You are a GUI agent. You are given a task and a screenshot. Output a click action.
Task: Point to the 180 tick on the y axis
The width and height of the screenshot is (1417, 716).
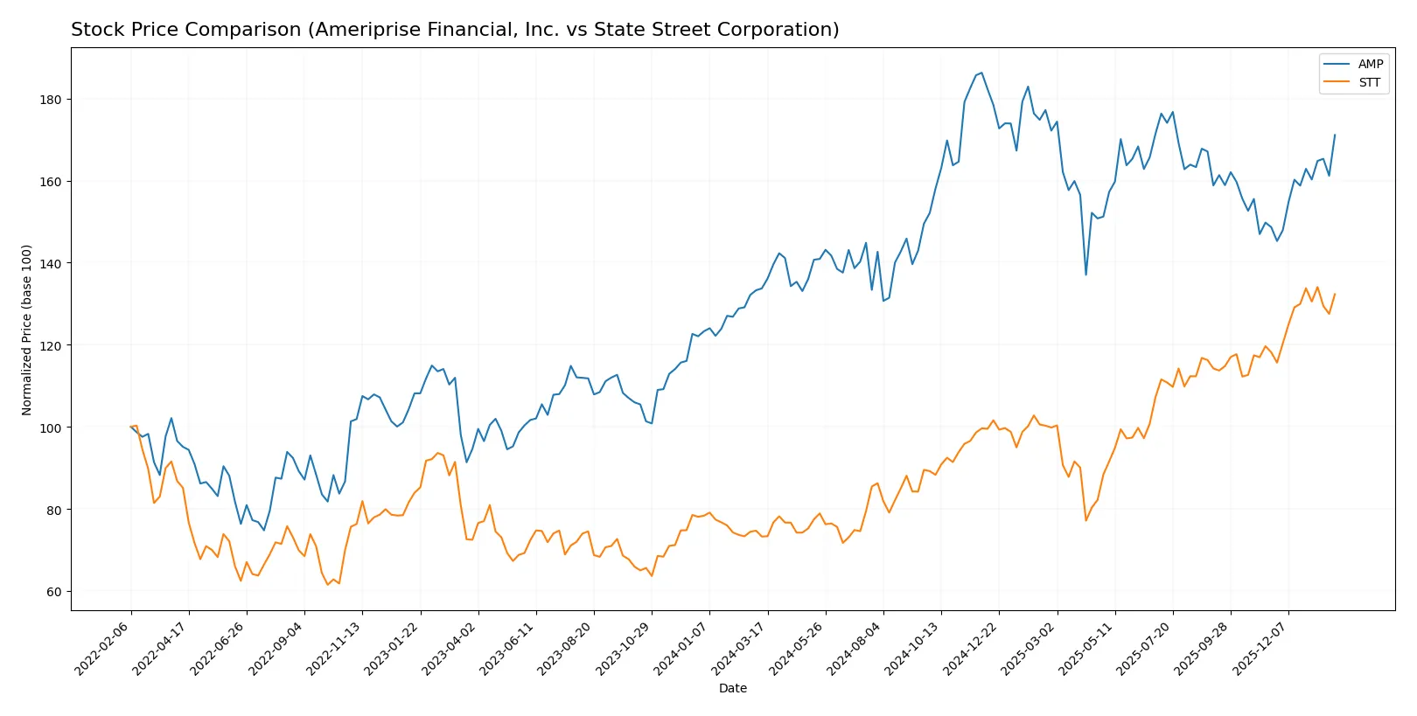tap(51, 100)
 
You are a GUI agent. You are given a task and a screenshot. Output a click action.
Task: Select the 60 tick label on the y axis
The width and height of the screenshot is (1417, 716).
tap(54, 592)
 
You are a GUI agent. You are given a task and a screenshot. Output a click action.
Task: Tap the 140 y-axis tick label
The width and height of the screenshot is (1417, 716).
tap(51, 263)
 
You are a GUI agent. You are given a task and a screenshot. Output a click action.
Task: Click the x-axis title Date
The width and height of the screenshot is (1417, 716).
tap(732, 688)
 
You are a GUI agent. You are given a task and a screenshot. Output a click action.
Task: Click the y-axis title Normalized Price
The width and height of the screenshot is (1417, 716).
tap(27, 330)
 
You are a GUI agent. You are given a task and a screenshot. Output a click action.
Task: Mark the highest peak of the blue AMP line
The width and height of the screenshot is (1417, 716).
tap(981, 73)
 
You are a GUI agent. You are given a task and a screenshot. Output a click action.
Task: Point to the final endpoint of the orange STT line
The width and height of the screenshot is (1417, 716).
tap(1335, 295)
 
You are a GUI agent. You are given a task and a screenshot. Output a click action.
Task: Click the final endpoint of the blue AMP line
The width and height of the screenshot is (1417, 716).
tap(1335, 136)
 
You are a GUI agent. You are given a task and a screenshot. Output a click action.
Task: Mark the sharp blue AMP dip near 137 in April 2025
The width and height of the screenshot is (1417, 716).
tap(1085, 275)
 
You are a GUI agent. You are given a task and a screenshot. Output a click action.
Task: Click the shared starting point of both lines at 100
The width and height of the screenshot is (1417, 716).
tap(131, 427)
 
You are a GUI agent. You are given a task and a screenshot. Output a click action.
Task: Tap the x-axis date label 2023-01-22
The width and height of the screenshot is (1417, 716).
tap(393, 648)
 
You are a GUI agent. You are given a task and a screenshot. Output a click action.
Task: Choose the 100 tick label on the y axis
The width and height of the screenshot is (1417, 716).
tap(51, 428)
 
